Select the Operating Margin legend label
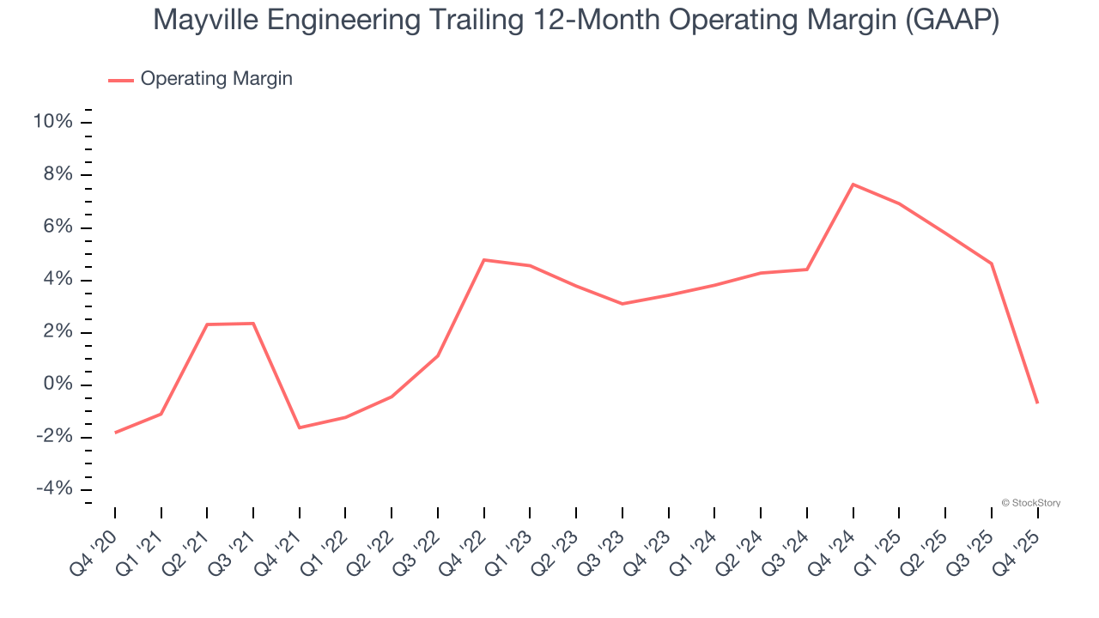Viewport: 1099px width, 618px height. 216,79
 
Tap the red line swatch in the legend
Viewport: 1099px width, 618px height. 121,80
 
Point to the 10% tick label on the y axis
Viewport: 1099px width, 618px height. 52,122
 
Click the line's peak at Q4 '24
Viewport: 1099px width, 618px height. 853,185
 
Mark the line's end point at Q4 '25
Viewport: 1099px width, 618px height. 1037,403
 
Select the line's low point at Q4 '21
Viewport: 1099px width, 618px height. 300,427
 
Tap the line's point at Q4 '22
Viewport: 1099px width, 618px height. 484,260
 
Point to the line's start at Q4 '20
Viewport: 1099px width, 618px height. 115,433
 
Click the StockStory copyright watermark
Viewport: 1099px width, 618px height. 1030,503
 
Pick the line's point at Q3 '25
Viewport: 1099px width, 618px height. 992,264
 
